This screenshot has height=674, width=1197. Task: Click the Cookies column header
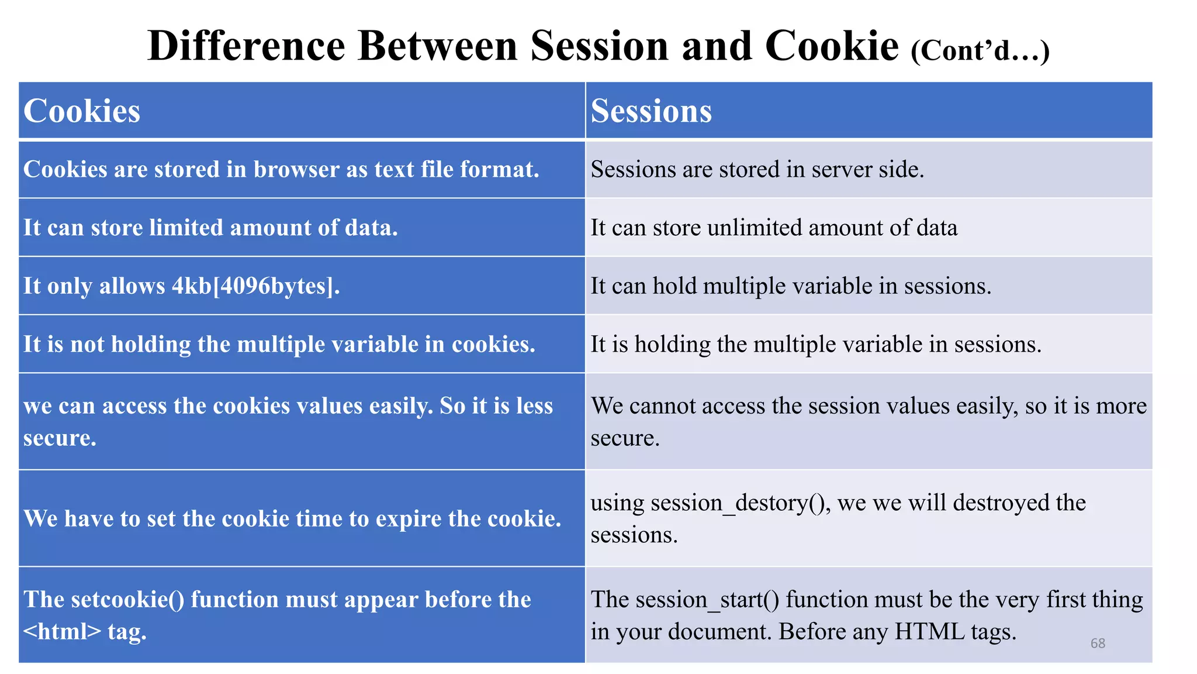82,111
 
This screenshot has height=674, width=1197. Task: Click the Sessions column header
651,111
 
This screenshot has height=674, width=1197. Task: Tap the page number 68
1098,643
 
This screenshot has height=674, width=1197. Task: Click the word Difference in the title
246,46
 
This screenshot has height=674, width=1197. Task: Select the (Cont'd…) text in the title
980,50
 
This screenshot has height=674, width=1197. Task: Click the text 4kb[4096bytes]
255,286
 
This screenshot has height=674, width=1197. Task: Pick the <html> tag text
62,632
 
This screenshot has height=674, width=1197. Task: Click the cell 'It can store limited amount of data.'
210,228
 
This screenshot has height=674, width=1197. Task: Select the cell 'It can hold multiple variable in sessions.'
790,286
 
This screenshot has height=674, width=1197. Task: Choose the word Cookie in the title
831,46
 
